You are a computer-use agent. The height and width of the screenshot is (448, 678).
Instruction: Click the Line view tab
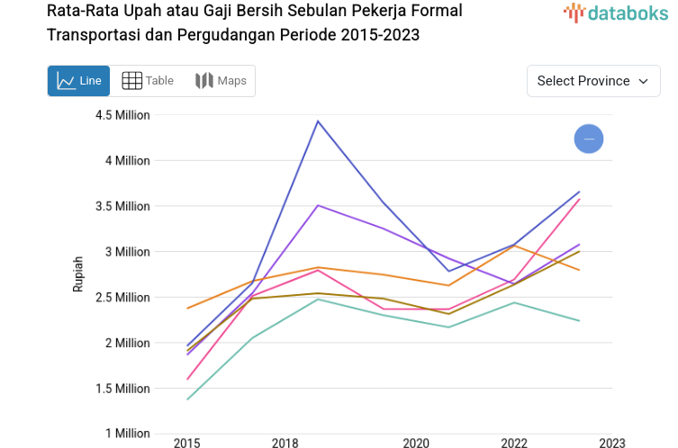[79, 81]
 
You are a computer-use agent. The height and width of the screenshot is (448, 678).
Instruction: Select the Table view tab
[148, 81]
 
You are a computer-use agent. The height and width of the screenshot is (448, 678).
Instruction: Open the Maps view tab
[221, 81]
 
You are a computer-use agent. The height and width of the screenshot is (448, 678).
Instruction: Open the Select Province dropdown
[592, 81]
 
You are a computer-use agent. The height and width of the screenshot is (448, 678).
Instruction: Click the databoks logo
[616, 13]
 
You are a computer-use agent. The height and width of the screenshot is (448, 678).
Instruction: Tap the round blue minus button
[589, 139]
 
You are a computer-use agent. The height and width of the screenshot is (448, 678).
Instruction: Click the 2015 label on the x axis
[187, 443]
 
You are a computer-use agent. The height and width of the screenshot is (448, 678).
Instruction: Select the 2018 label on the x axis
[285, 443]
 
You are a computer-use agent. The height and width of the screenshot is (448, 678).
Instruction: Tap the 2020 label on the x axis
[416, 443]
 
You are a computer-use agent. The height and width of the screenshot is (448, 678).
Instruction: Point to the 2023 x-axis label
[612, 443]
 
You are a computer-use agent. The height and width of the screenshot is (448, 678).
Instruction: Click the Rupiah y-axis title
[78, 274]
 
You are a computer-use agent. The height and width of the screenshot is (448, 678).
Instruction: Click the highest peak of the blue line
[318, 121]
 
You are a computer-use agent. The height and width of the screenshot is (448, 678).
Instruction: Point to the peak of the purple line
[318, 205]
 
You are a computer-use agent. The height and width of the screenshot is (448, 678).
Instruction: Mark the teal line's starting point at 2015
[187, 399]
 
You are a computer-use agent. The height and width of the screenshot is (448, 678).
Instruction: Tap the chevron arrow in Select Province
[644, 81]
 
